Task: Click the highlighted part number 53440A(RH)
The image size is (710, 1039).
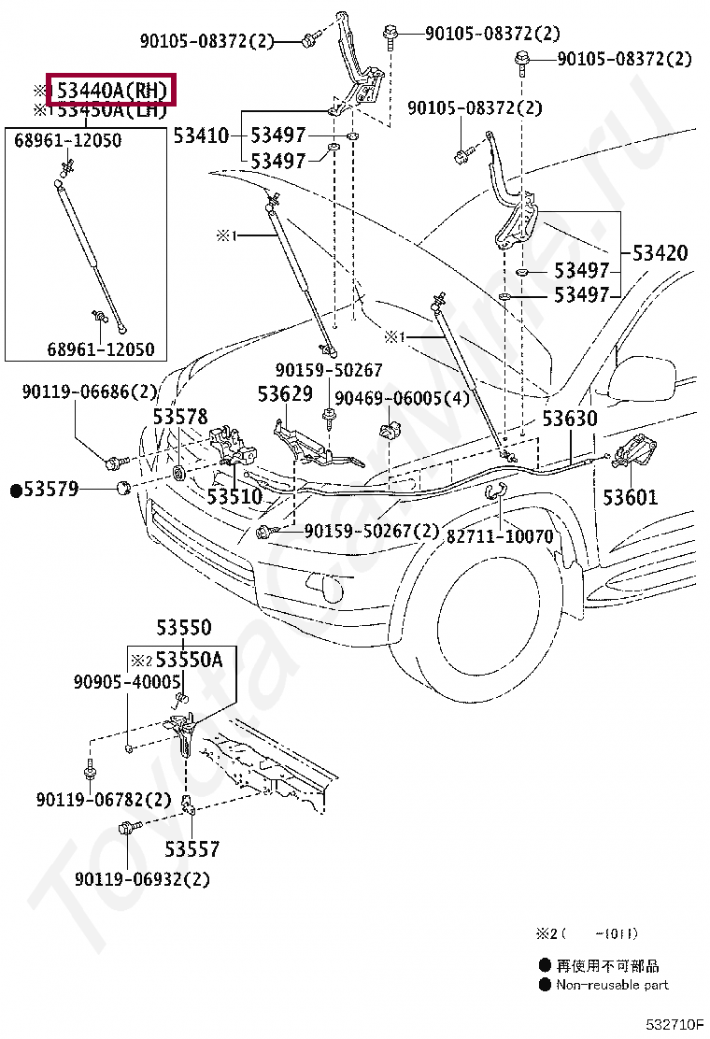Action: tap(111, 91)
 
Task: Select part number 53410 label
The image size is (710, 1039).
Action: tap(201, 135)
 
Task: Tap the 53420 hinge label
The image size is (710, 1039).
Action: tap(660, 253)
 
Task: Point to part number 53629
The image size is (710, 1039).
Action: tap(285, 393)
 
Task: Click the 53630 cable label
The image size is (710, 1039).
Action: tap(569, 418)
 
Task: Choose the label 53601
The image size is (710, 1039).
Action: tap(630, 497)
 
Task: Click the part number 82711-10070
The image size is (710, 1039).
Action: tap(500, 536)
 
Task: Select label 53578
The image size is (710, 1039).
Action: tap(180, 417)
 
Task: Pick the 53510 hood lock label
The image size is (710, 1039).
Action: tap(234, 497)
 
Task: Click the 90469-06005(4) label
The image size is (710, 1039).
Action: tap(402, 399)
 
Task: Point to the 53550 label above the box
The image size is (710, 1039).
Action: tap(183, 628)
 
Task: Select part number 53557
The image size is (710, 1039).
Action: tap(192, 849)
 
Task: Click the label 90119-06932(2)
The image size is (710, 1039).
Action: tap(142, 879)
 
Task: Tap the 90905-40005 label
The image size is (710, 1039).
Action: tap(126, 682)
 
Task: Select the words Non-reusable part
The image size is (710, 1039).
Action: tap(612, 985)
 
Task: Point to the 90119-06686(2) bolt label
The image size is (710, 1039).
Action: tap(90, 393)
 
